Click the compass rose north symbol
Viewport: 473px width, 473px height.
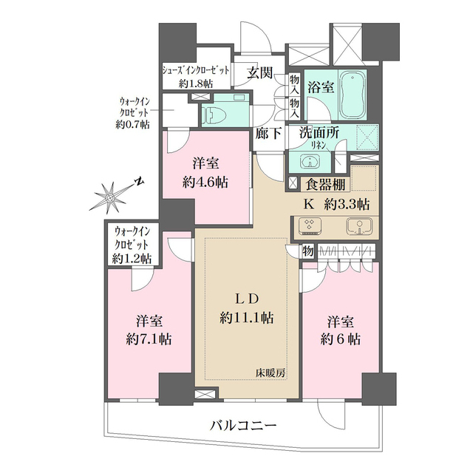[109, 197]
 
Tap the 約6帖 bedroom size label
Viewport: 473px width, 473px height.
[341, 340]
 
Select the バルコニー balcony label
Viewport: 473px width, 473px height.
[242, 426]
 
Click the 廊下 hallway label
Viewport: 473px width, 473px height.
[268, 135]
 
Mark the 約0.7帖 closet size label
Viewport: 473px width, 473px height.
[132, 125]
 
